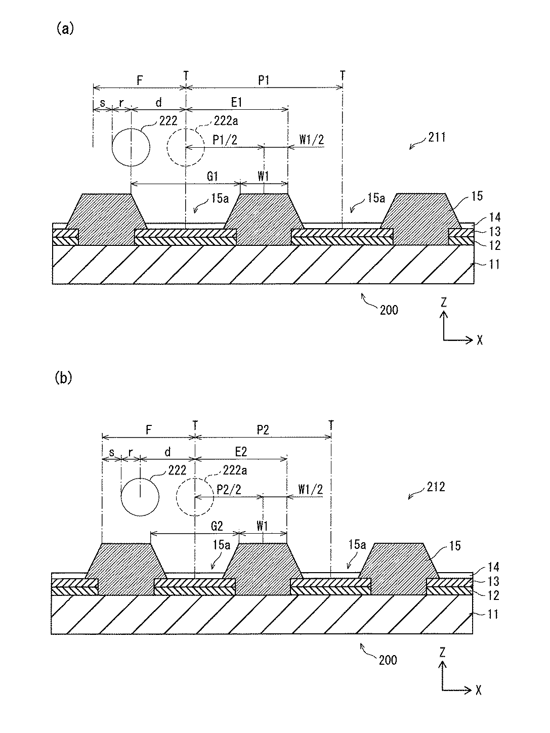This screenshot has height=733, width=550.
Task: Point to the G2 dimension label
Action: pos(217,526)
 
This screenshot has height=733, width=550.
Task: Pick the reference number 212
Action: pos(435,487)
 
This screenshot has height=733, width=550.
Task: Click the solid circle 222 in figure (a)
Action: pos(131,147)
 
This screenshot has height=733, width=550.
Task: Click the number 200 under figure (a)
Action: pos(388,310)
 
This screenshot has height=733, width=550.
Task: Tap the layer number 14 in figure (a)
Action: pos(495,218)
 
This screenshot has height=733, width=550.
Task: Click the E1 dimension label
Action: pos(237,102)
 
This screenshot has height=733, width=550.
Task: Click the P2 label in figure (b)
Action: pos(263,430)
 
